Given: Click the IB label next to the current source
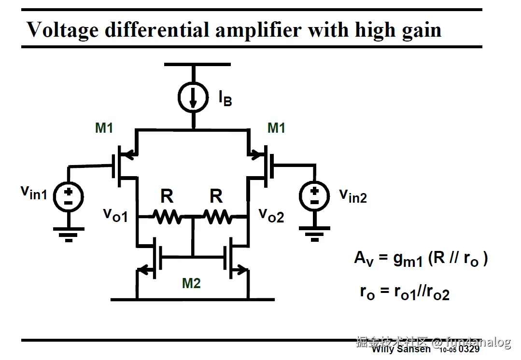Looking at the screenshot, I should [225, 98].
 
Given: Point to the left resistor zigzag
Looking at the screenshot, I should [167, 217].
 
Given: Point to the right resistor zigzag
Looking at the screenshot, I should [217, 217].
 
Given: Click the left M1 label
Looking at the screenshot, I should [104, 128].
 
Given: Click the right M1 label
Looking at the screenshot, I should [276, 128].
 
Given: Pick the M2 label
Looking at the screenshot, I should [191, 283].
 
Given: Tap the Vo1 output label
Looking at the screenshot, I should [116, 215].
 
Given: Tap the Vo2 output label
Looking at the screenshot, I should [272, 215].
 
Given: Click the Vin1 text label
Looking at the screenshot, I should [34, 193].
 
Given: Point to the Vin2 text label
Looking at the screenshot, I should [352, 195].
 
